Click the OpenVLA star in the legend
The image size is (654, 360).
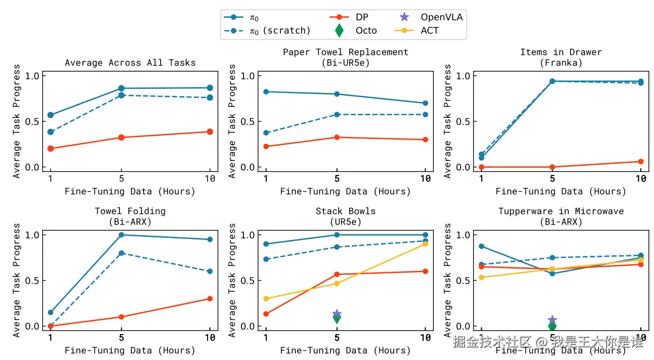[x=405, y=17]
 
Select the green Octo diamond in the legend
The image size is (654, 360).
[x=339, y=31]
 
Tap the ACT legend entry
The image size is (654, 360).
[x=417, y=31]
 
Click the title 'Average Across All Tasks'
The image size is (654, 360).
[x=130, y=63]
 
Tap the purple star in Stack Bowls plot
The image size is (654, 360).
[x=337, y=314]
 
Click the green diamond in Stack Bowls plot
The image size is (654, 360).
[x=337, y=318]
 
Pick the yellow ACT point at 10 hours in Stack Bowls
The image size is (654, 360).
[x=425, y=244]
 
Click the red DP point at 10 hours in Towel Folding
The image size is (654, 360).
[x=210, y=299]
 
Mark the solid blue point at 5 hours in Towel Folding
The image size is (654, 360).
[x=122, y=235]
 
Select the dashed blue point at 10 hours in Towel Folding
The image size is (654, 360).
[x=210, y=271]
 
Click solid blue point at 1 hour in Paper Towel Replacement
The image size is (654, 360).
[x=266, y=92]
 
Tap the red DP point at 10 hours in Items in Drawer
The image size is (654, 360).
[x=641, y=161]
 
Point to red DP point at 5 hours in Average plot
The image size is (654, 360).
[x=122, y=137]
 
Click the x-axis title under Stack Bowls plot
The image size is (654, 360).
[x=345, y=350]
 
